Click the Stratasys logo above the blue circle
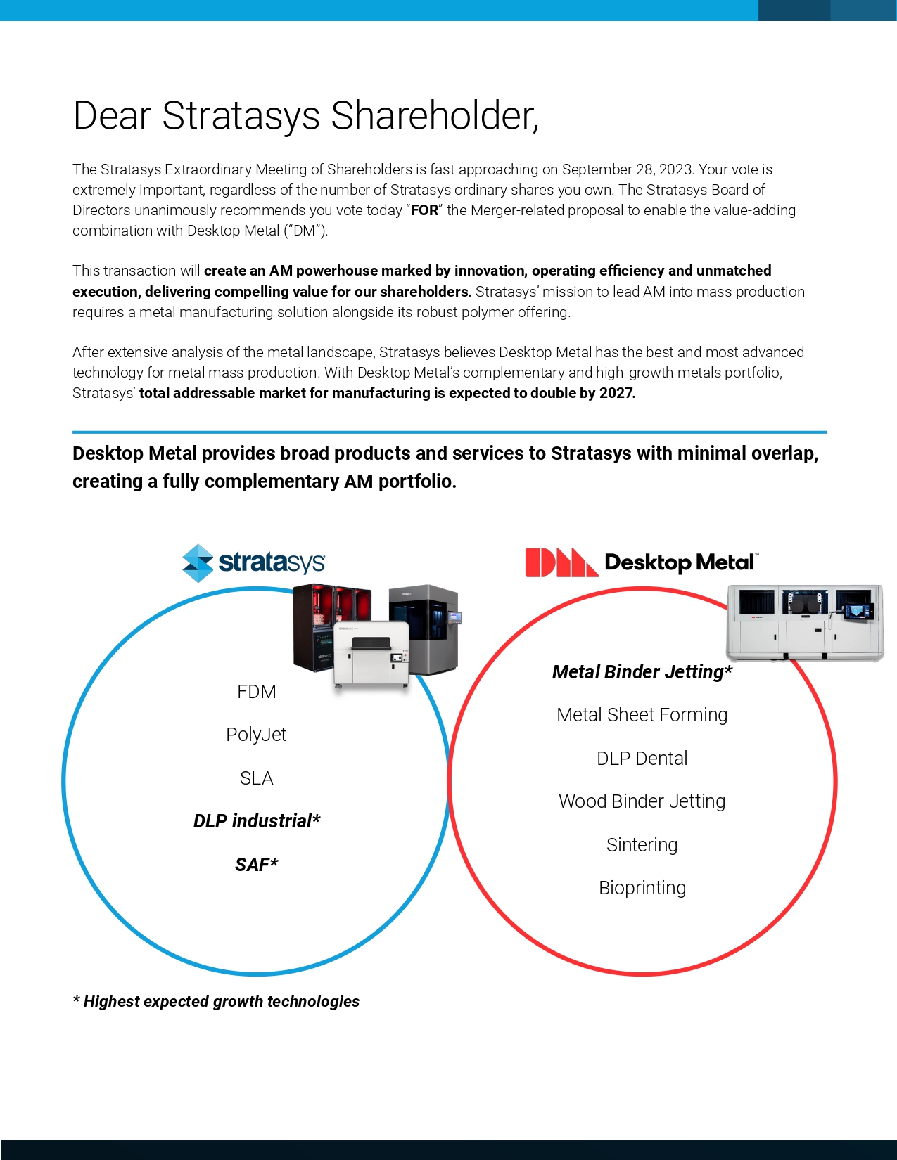253,562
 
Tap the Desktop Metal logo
642,562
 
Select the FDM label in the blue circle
257,692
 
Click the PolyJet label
256,735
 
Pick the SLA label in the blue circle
256,778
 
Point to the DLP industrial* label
257,821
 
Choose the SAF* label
257,865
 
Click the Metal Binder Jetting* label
642,672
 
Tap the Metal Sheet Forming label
642,715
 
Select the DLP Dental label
642,759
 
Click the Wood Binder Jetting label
642,801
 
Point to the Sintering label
642,845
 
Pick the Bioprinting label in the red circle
642,888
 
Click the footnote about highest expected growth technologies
216,1001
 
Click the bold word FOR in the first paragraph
424,210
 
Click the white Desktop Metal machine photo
804,622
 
